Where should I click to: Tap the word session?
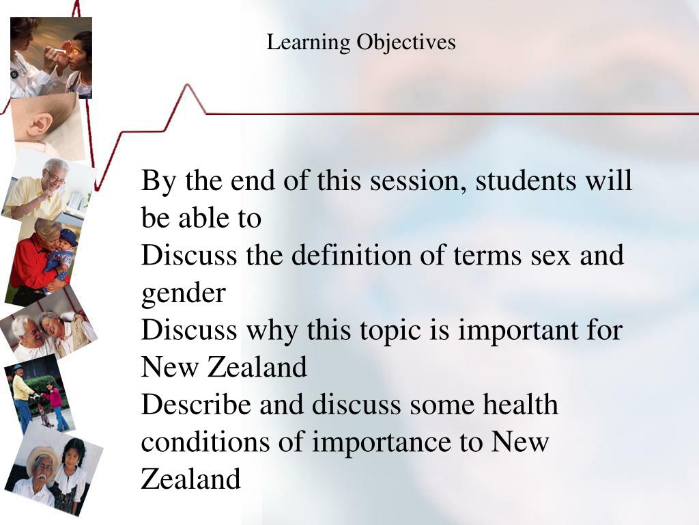pos(416,181)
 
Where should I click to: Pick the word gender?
pos(183,294)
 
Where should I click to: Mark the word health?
pos(521,405)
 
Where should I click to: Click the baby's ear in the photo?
pos(40,126)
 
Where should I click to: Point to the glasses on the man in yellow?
pos(57,178)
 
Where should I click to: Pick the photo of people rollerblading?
pos(38,396)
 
